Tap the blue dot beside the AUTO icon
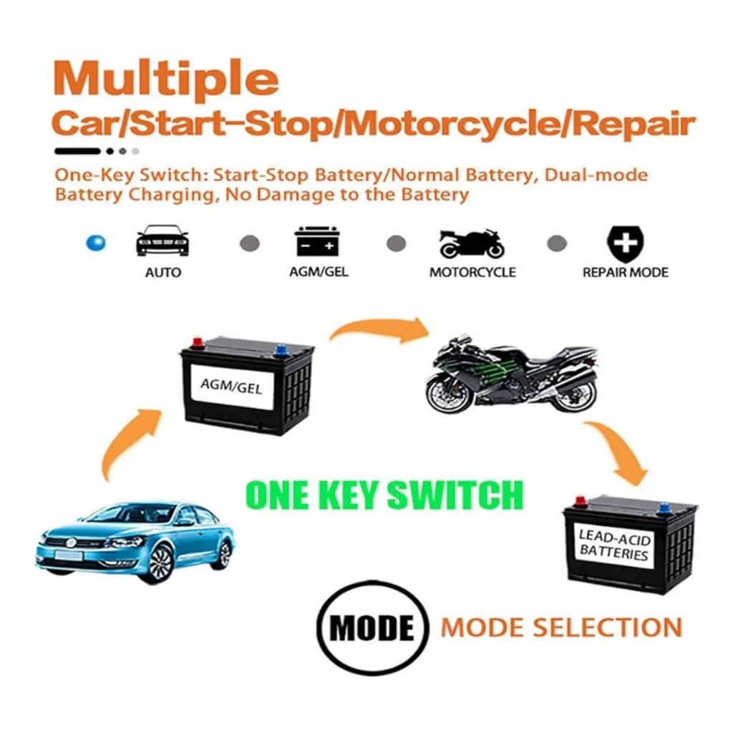[x=96, y=243]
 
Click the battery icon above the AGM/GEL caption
[x=317, y=241]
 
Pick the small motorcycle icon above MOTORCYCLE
[x=471, y=243]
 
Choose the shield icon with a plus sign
[x=625, y=244]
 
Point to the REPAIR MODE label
[x=625, y=273]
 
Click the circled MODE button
[x=372, y=627]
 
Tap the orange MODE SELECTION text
[x=561, y=627]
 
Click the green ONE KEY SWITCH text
[x=384, y=495]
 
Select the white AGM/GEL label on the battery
[x=231, y=387]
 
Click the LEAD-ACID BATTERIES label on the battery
[x=614, y=545]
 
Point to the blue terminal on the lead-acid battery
[x=663, y=509]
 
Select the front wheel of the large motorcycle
[x=447, y=395]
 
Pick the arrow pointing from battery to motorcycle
[x=379, y=328]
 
